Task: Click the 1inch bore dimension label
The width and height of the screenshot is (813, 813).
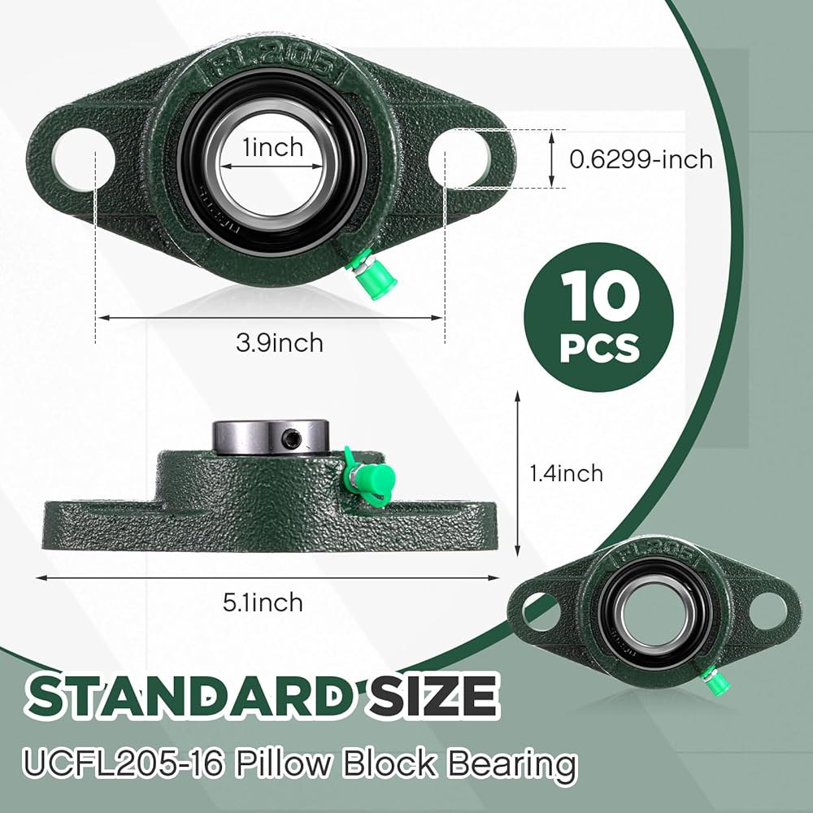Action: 273,147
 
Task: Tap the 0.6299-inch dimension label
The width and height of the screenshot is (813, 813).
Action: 641,159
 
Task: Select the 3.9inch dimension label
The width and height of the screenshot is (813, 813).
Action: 280,343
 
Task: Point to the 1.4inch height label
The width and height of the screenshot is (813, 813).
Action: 566,473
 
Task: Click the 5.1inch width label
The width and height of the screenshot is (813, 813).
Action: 263,602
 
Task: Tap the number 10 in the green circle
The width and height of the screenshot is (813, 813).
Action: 600,296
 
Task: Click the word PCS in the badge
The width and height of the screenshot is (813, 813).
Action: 600,348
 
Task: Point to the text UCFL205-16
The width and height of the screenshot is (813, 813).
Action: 123,763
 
